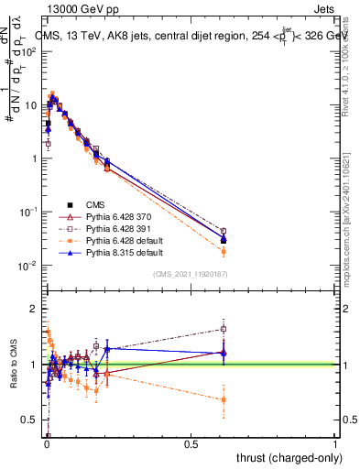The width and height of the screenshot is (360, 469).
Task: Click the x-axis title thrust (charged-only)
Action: (x=286, y=458)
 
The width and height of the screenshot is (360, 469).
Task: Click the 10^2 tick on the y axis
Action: (x=29, y=51)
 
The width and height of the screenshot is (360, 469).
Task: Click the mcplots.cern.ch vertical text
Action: (x=351, y=229)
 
